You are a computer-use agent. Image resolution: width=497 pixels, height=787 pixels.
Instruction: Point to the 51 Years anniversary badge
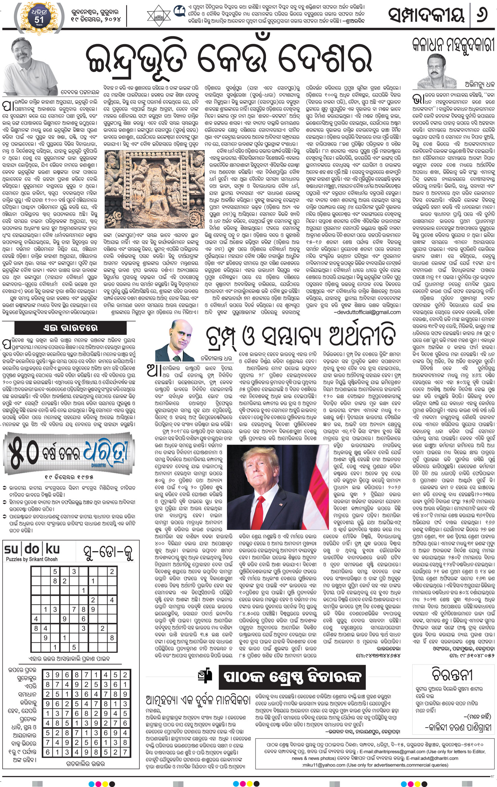(x=39, y=15)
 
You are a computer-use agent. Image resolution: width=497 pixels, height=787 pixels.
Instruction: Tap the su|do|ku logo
(x=32, y=549)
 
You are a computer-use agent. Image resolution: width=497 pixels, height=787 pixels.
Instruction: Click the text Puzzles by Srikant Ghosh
(x=32, y=559)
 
